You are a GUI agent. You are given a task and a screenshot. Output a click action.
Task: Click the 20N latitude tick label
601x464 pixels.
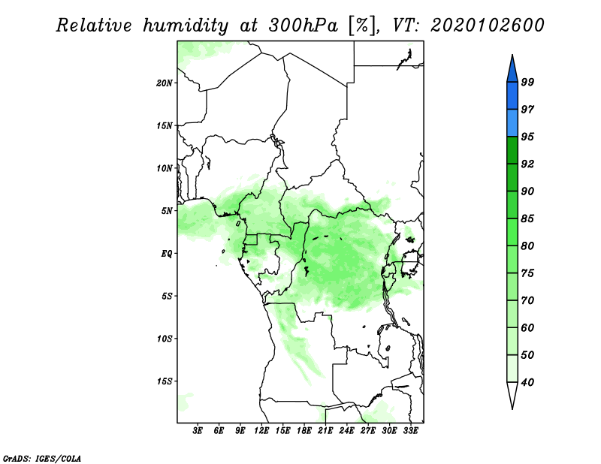point(165,83)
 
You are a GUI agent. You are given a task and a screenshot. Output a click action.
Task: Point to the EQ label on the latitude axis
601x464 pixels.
point(167,254)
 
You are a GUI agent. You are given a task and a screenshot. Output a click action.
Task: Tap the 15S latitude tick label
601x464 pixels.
point(165,381)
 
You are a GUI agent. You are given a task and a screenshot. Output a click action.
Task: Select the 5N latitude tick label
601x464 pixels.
point(167,211)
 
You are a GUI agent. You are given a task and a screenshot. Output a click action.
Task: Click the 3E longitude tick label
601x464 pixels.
point(198,432)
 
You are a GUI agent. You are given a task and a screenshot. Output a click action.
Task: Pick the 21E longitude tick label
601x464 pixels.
point(326,432)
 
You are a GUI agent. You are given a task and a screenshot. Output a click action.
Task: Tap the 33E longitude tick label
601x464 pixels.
point(411,432)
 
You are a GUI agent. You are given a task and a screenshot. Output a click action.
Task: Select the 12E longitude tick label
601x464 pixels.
point(261,432)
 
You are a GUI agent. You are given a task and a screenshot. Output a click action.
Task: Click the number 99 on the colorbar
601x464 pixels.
point(527,83)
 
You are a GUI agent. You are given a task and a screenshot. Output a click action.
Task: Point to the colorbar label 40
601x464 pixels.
point(527,382)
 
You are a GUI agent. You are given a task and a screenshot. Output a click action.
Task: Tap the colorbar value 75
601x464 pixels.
point(527,273)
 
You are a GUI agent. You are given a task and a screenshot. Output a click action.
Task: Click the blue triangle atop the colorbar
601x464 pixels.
point(512,68)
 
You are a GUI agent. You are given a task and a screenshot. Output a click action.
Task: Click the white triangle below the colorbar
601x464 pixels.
point(512,395)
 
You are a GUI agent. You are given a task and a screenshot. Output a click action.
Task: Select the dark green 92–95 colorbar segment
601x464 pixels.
point(512,150)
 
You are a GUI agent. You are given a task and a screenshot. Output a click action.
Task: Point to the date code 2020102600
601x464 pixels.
point(488,26)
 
